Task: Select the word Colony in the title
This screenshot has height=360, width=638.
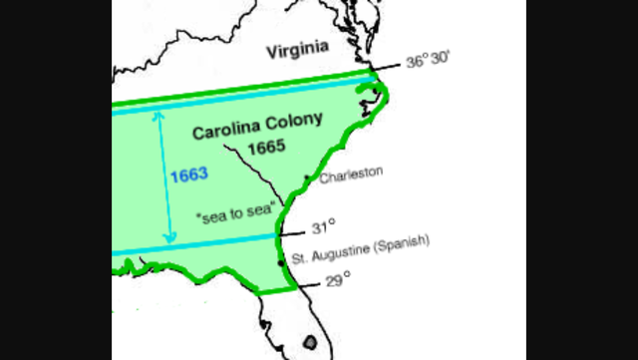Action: (295, 122)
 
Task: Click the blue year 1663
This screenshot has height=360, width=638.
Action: (188, 175)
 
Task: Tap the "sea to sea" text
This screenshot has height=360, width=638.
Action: (234, 213)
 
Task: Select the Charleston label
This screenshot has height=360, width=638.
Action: (351, 173)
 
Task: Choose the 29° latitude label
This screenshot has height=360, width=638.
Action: (339, 278)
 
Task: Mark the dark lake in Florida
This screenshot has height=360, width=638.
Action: (309, 342)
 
